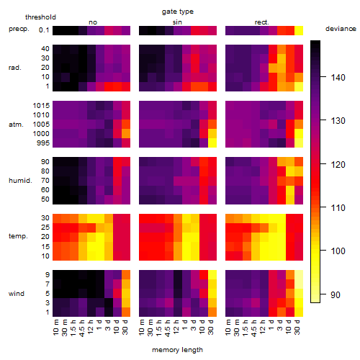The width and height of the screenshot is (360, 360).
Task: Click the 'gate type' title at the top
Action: (178, 12)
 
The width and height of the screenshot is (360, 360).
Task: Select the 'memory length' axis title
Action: (177, 350)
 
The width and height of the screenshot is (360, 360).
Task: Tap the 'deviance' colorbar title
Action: (341, 29)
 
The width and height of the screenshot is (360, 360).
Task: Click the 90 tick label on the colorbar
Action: (336, 294)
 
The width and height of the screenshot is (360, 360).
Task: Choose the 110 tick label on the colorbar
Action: (338, 207)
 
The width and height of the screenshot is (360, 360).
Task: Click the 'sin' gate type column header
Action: (177, 22)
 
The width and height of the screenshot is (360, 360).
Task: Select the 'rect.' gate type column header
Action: (261, 22)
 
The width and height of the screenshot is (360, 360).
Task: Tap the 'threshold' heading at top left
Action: (40, 17)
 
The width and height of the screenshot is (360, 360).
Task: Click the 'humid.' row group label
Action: (20, 181)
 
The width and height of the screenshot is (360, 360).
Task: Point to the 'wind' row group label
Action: (17, 294)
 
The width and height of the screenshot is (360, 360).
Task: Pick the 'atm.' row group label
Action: (16, 125)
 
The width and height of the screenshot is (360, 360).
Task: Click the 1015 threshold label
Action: (41, 105)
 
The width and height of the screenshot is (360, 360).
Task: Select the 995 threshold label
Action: (43, 143)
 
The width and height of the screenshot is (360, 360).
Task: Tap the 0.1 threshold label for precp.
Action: (44, 30)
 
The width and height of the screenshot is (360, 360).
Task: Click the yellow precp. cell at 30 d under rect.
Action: (299, 30)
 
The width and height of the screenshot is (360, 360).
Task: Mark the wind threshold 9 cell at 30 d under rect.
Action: (299, 275)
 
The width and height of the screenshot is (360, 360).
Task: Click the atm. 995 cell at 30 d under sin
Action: (212, 143)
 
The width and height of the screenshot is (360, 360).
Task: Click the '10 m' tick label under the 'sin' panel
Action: (142, 328)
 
